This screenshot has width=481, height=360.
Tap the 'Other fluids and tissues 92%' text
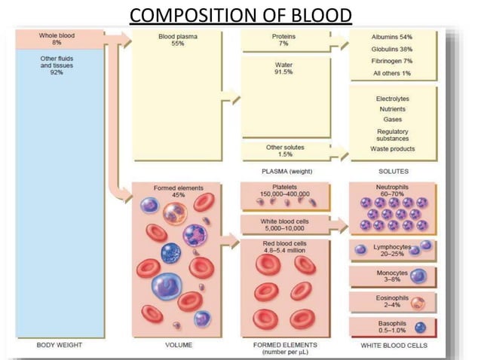[60, 66]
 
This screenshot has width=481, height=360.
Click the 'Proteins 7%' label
[284, 39]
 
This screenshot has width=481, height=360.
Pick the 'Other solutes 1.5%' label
[285, 151]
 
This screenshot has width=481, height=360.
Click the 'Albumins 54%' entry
[391, 36]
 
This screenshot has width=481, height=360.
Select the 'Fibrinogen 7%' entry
[391, 60]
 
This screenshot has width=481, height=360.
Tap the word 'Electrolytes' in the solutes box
[391, 99]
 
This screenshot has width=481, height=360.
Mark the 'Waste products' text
[391, 148]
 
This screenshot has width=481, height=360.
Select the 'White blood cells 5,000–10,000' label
[284, 224]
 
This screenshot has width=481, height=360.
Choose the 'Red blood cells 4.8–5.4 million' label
[284, 249]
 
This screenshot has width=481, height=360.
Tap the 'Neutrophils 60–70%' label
[391, 190]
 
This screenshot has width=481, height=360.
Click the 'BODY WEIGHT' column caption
[60, 345]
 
